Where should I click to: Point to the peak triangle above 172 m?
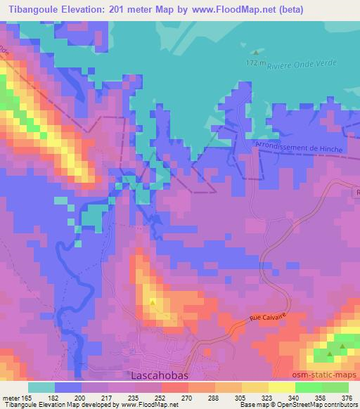[256, 52]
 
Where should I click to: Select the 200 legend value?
[86, 397]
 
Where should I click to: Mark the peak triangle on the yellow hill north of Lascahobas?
[153, 302]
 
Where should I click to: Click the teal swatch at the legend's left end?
[41, 387]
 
